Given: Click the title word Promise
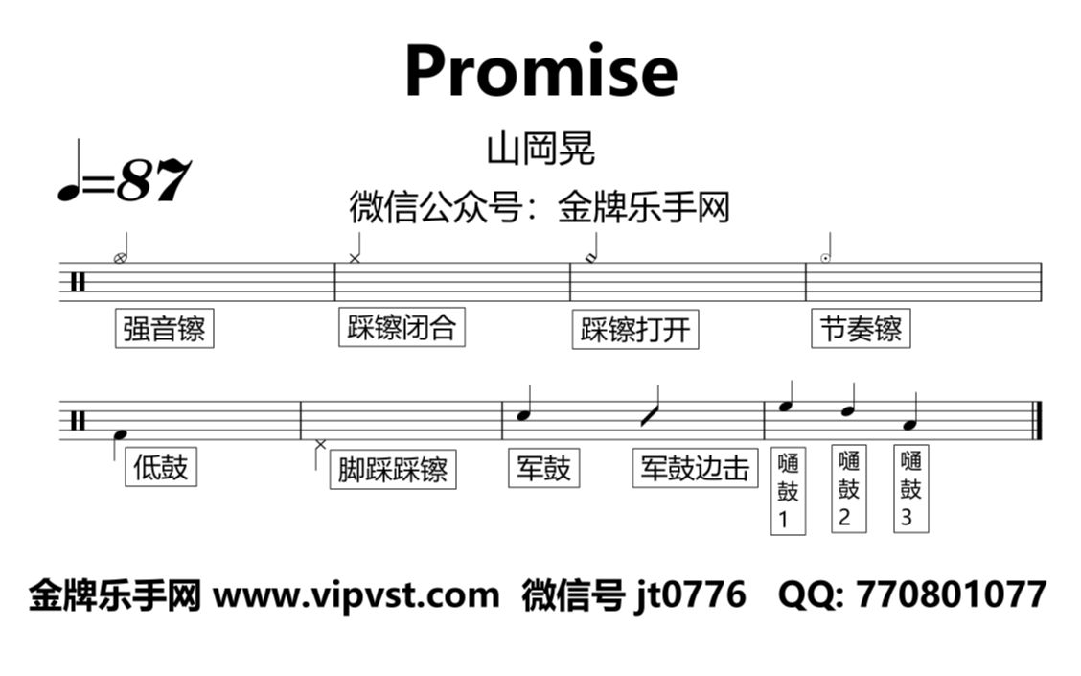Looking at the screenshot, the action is click(x=541, y=71).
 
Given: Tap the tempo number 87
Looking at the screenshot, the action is click(x=153, y=180).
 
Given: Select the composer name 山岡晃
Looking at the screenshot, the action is click(x=540, y=149).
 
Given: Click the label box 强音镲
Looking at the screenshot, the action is click(x=164, y=328).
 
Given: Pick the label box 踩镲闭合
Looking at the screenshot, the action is click(x=402, y=327).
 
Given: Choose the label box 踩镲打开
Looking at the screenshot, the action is click(x=635, y=330).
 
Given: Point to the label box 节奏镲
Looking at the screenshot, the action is click(x=861, y=328).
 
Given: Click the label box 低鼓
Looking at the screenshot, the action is click(x=161, y=467).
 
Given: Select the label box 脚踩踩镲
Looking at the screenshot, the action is click(x=393, y=470).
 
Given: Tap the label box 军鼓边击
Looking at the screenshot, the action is click(x=695, y=468).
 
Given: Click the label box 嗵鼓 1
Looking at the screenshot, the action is click(x=788, y=490).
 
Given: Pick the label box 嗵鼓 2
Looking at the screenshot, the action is click(x=849, y=489).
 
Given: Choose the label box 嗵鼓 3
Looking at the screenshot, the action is click(x=910, y=489).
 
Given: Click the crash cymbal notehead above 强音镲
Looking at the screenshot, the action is click(x=120, y=259).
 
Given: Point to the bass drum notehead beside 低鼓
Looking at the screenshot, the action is click(x=121, y=434).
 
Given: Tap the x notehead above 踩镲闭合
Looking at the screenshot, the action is click(x=355, y=259).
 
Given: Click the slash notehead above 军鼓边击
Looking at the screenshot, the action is click(x=648, y=415).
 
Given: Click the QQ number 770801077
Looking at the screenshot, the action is click(x=952, y=594).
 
